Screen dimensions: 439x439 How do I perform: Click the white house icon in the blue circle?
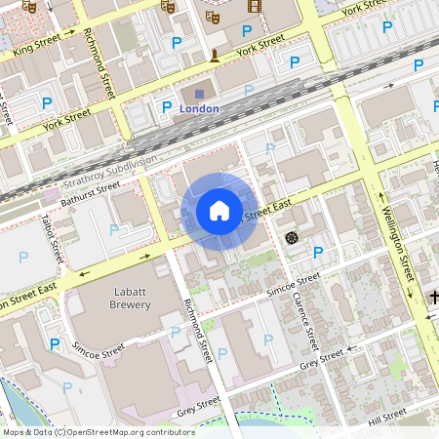(x=219, y=210)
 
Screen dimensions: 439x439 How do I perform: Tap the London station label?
(x=200, y=109)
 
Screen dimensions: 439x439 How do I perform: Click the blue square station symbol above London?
(x=200, y=95)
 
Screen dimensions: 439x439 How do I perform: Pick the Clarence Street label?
(x=304, y=321)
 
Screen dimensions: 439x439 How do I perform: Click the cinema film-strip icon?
(x=255, y=7)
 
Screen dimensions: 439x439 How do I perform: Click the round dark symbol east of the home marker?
(x=290, y=237)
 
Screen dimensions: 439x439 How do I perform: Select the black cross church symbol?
(x=432, y=295)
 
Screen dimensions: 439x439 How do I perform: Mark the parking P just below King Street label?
(x=46, y=103)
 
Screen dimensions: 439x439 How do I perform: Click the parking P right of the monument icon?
(x=246, y=59)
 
